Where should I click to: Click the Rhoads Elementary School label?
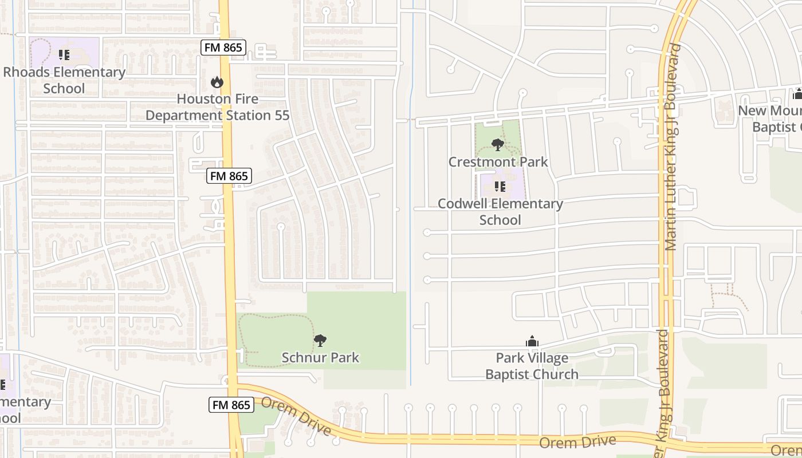64,80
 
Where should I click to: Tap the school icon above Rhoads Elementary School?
64,55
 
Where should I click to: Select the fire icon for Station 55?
217,82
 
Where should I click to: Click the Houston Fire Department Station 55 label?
217,107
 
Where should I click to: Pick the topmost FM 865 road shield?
223,48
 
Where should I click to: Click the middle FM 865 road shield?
229,176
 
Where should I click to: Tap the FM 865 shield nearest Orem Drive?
231,405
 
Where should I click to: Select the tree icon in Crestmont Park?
498,144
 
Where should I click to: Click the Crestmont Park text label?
498,162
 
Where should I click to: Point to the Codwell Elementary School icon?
500,187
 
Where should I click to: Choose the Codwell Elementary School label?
500,212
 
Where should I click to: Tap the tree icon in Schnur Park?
320,341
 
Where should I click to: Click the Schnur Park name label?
320,358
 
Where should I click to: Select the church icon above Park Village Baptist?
532,342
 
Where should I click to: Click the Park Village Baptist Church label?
532,366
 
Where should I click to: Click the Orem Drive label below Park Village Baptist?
577,442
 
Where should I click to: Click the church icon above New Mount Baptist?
797,94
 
